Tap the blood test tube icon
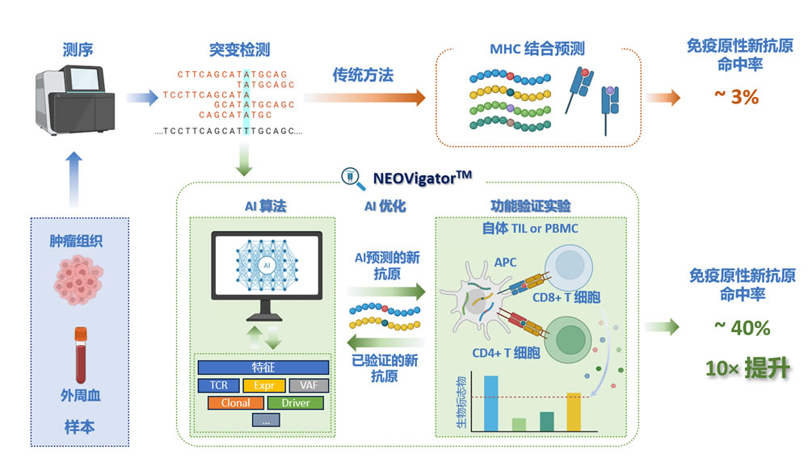pyautogui.click(x=81, y=355)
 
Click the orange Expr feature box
pyautogui.click(x=263, y=385)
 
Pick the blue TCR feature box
pyautogui.click(x=218, y=385)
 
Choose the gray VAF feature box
pyautogui.click(x=309, y=385)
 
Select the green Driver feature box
pyautogui.click(x=295, y=402)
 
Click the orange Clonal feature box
pyautogui.click(x=230, y=402)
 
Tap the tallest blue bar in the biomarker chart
pyautogui.click(x=490, y=402)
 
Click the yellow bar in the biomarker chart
pyautogui.click(x=574, y=411)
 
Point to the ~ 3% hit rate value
pyautogui.click(x=736, y=97)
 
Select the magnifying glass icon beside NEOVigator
pyautogui.click(x=352, y=176)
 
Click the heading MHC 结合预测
pyautogui.click(x=537, y=49)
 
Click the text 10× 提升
pyautogui.click(x=747, y=368)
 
